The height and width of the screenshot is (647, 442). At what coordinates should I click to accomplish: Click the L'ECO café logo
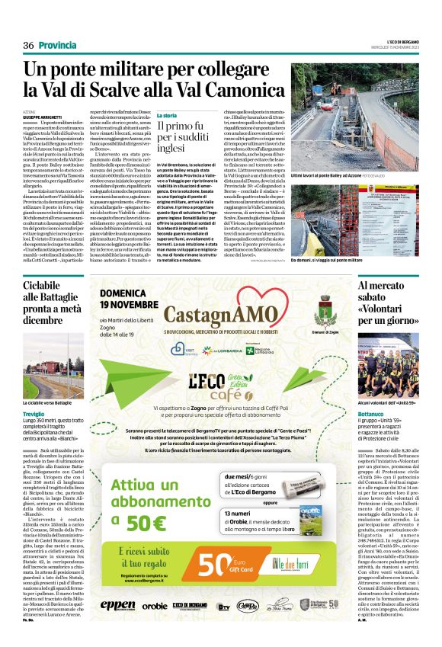(220, 380)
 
